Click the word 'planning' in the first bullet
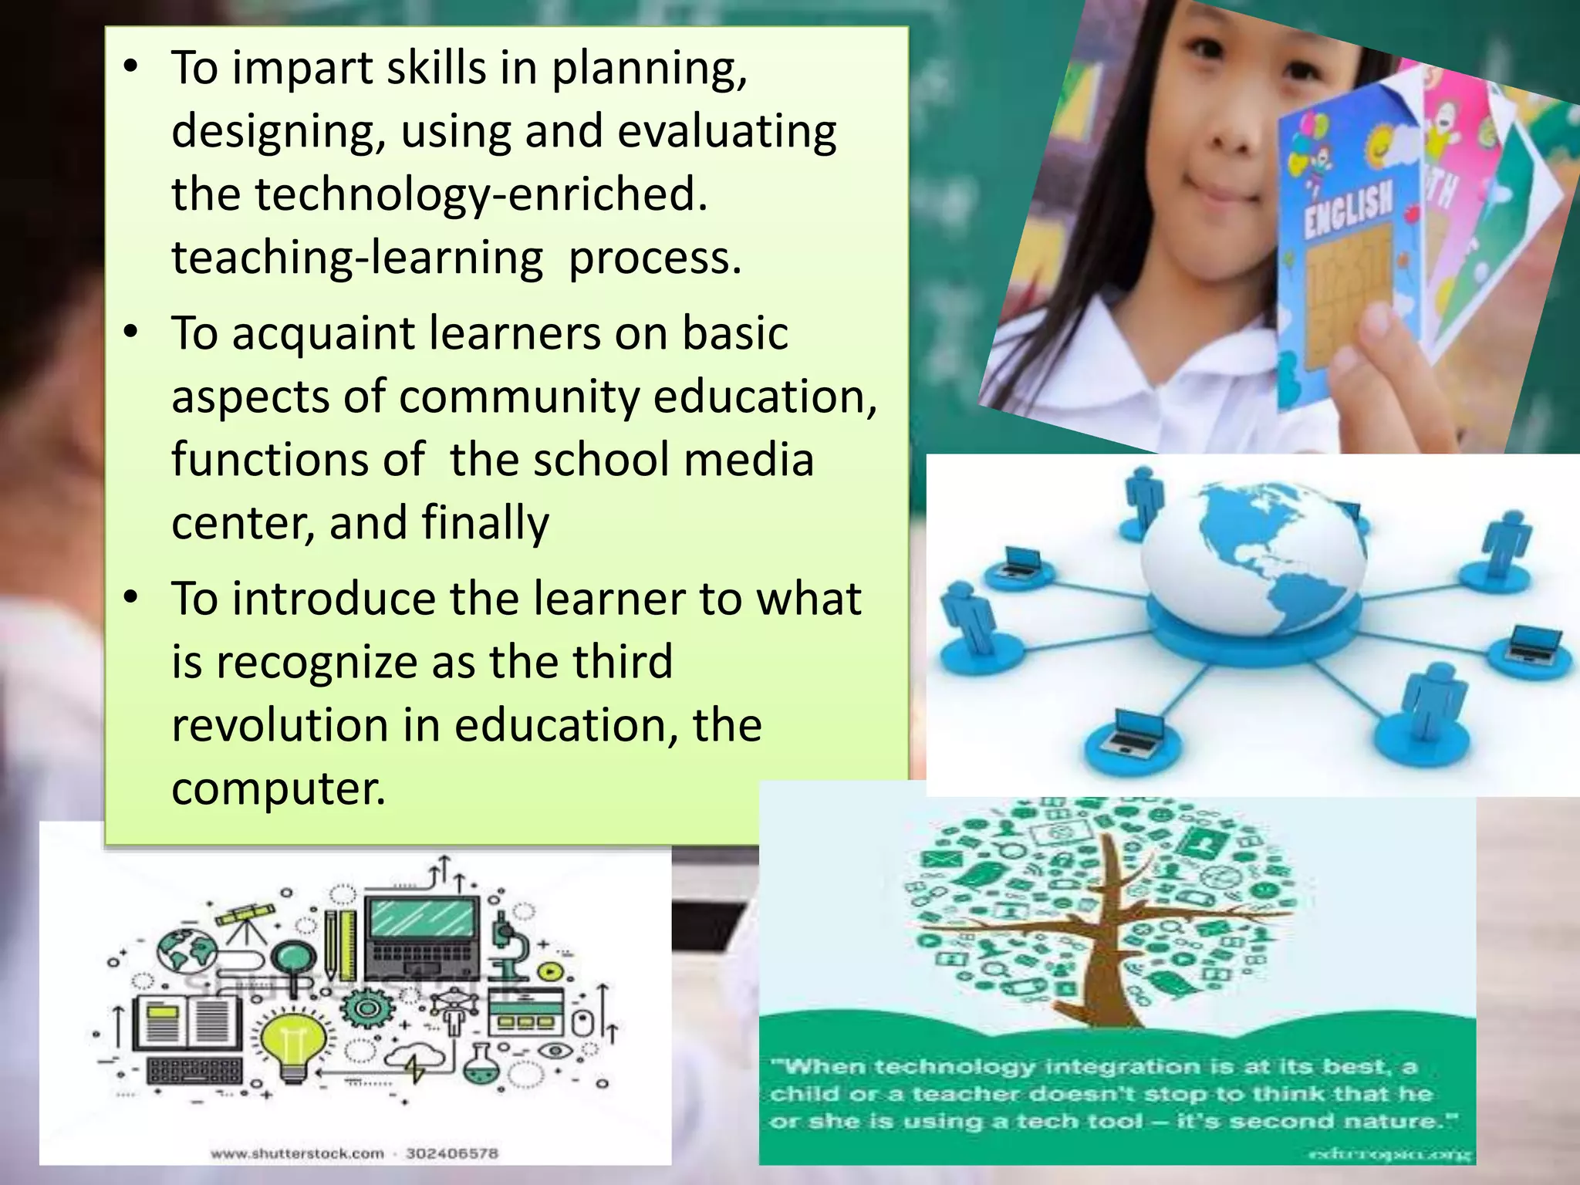[648, 69]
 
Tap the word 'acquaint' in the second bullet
[322, 334]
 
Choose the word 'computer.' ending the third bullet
[279, 789]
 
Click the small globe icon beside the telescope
[187, 950]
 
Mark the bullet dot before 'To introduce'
[131, 598]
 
